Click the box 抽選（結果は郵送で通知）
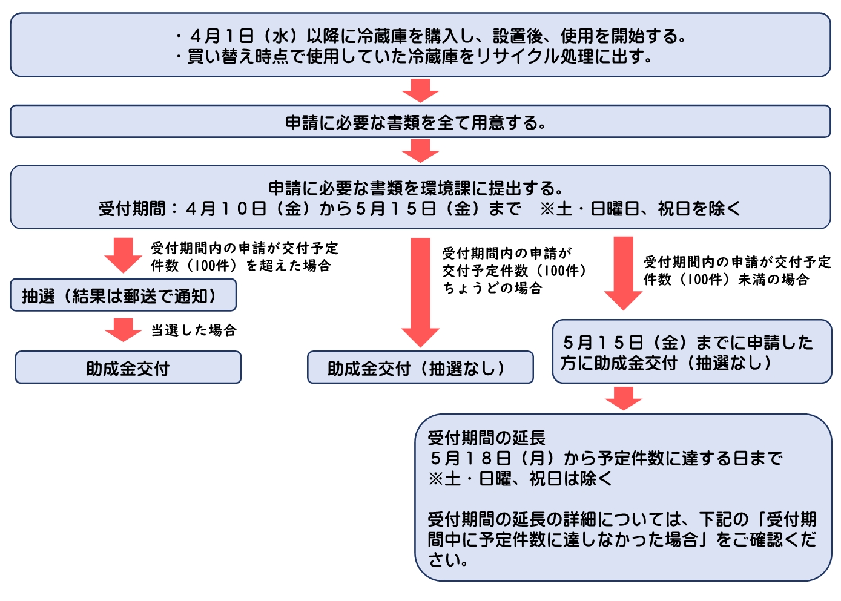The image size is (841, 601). [123, 295]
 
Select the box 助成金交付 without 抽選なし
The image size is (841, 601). [128, 368]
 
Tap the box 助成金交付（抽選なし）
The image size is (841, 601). [420, 368]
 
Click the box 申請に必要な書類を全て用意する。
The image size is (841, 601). [420, 122]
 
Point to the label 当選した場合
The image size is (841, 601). [194, 330]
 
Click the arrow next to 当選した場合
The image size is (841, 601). [123, 330]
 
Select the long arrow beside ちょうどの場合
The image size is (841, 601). [420, 291]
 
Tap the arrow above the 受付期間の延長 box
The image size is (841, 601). [623, 398]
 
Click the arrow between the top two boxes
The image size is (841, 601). [420, 91]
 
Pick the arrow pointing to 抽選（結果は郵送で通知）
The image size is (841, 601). [123, 255]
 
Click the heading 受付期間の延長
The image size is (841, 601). [486, 438]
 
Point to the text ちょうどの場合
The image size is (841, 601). [492, 288]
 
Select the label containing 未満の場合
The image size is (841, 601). [737, 271]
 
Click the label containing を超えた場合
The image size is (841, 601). [244, 257]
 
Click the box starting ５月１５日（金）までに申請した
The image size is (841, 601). [691, 352]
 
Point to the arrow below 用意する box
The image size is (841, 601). [420, 151]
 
